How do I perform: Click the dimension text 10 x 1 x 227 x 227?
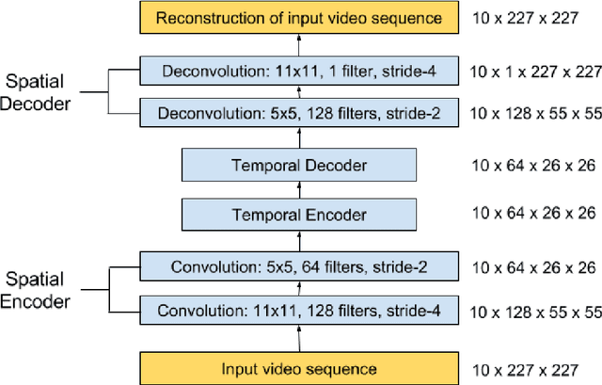tap(533, 72)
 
